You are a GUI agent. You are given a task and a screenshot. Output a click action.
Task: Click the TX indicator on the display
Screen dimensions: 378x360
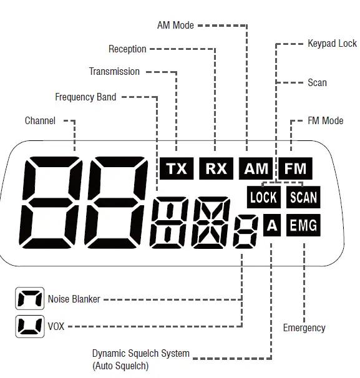177,168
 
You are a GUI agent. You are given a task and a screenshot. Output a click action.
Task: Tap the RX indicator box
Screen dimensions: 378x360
216,168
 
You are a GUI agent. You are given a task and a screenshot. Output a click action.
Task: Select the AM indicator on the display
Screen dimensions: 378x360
256,168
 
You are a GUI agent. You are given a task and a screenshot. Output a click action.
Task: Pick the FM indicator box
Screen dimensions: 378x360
295,168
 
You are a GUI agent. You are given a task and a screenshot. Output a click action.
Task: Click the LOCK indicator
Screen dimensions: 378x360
263,198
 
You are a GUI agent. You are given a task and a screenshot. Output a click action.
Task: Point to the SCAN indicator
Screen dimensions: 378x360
303,198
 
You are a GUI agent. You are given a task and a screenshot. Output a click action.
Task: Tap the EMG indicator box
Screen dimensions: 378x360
303,226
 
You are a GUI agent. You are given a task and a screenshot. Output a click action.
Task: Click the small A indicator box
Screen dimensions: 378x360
271,226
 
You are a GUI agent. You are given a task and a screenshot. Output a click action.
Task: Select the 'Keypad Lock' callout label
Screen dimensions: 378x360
332,44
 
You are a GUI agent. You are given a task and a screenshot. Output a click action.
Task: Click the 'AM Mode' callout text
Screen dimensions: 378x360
175,26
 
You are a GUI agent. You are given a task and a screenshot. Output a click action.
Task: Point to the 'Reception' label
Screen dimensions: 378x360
127,49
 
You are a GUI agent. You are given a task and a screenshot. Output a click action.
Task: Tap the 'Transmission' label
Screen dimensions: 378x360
114,72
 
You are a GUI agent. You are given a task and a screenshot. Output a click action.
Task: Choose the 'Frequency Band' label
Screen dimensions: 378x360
85,97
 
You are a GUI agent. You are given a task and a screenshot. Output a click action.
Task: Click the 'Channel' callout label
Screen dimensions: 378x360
40,120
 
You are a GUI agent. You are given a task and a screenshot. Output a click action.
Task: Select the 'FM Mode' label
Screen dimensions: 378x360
325,120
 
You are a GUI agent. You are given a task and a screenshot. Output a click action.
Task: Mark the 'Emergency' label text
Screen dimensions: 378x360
304,327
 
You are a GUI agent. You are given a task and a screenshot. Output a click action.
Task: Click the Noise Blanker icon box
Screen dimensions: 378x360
29,299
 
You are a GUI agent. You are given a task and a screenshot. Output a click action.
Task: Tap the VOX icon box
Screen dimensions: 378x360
29,326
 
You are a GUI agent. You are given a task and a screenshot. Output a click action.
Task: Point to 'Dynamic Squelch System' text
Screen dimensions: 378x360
140,354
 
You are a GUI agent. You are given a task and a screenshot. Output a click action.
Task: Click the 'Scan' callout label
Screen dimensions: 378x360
317,82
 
